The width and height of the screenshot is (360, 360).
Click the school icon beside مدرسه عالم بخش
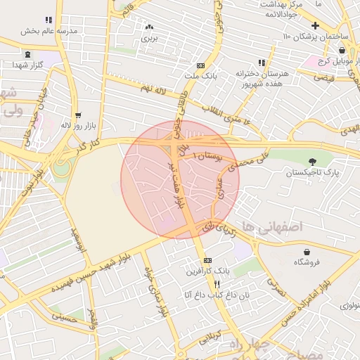pos(49,20)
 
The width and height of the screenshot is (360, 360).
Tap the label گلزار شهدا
pos(28,64)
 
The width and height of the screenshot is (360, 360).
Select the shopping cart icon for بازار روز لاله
pos(78,115)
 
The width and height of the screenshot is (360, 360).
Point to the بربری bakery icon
pos(149,27)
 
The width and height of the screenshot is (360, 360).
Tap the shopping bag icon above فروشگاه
pos(307,252)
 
